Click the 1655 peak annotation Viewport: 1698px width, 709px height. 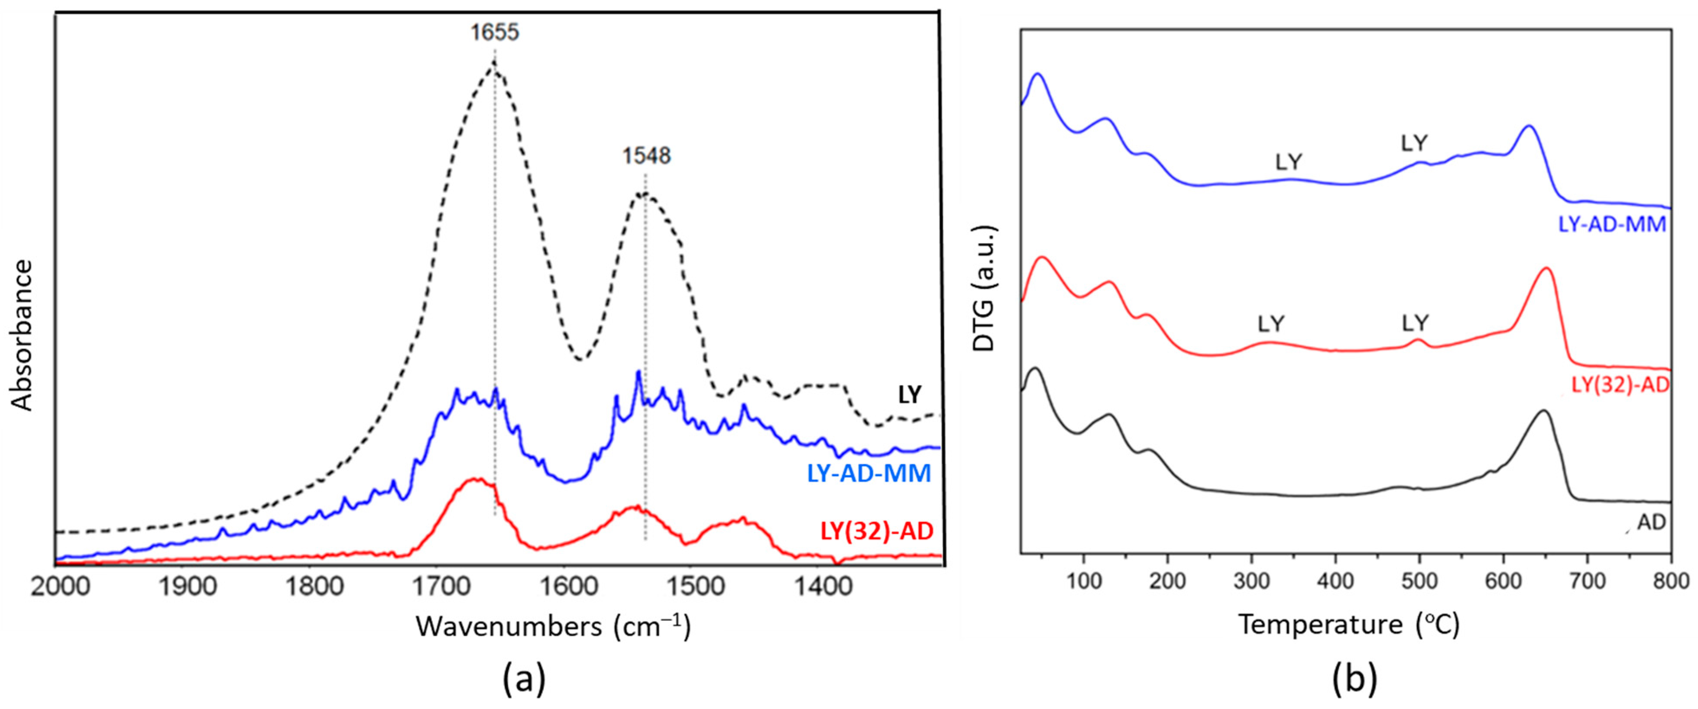point(494,32)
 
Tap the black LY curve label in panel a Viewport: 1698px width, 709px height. point(910,395)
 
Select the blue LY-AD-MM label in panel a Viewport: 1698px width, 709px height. point(869,473)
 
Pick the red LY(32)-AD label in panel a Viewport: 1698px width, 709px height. point(877,531)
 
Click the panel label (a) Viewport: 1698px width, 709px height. point(524,679)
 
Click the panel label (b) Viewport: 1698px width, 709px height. point(1354,679)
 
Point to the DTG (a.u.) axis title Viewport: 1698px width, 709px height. point(983,288)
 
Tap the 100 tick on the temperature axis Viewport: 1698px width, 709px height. point(1083,581)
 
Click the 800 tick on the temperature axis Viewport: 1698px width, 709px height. point(1671,581)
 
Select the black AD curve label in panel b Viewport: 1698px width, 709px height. point(1652,522)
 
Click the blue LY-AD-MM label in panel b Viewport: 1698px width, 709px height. point(1612,224)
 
